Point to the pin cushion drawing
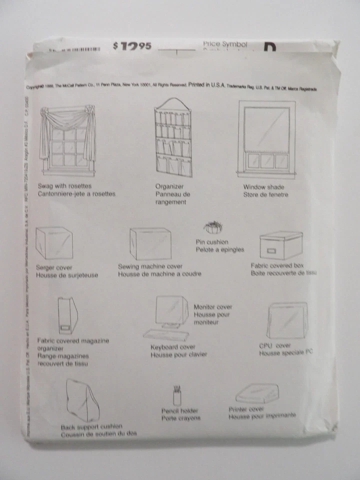212,228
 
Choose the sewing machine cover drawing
150,243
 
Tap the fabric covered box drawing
281,245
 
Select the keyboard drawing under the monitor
166,334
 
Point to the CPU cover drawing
286,320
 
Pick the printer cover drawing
256,393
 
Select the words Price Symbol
225,44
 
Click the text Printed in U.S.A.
207,86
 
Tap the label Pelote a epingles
219,249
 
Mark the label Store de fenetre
265,194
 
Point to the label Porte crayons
180,418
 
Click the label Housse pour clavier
178,354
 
